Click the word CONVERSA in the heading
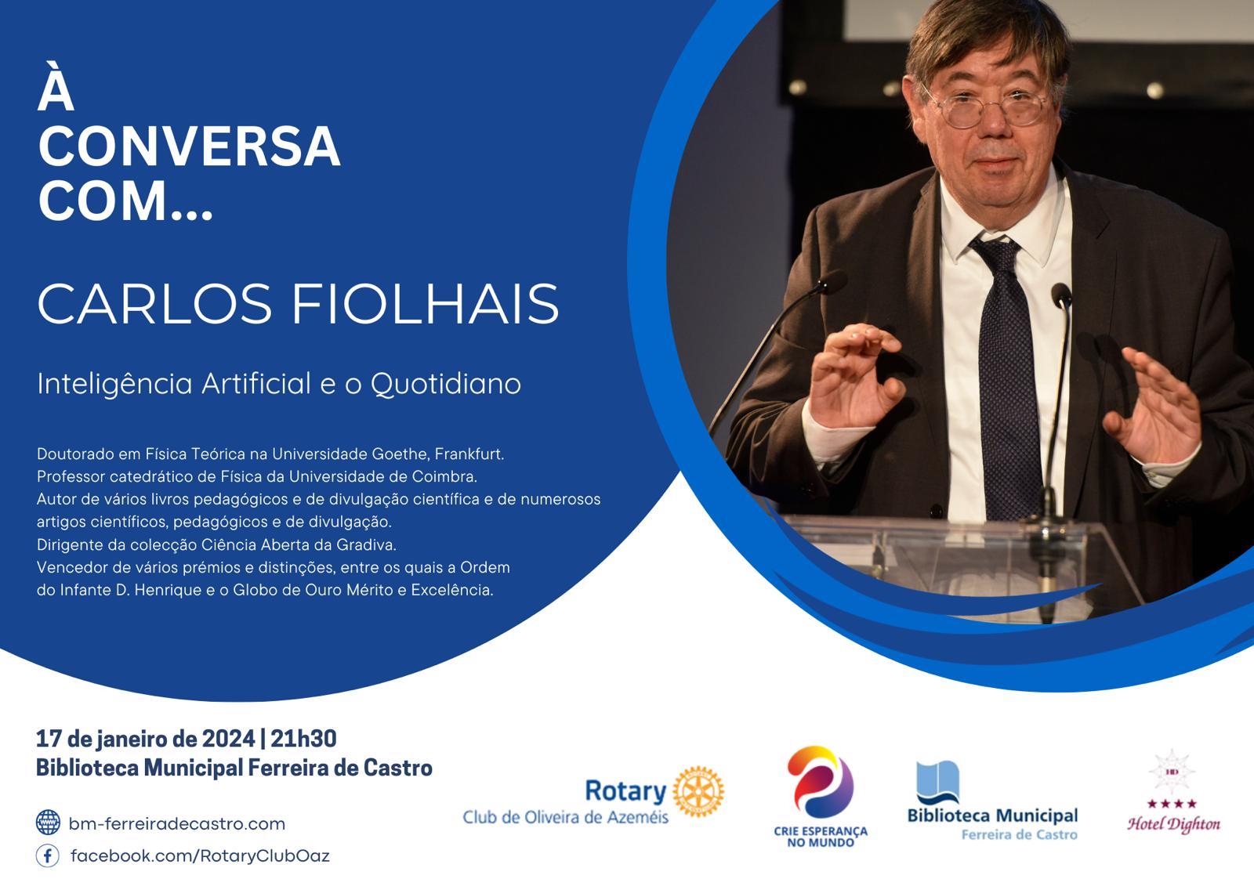tap(189, 146)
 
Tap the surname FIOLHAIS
tap(426, 303)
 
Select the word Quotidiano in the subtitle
tap(446, 385)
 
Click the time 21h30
tap(303, 739)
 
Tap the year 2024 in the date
tap(228, 739)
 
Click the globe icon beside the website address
tap(48, 823)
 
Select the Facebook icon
tap(48, 855)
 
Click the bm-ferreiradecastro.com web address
tap(177, 824)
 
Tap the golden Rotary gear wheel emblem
tap(698, 791)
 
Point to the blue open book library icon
tap(937, 783)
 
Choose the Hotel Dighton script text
tap(1173, 824)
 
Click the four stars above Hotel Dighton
tap(1172, 805)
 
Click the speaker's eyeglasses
tap(992, 107)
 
